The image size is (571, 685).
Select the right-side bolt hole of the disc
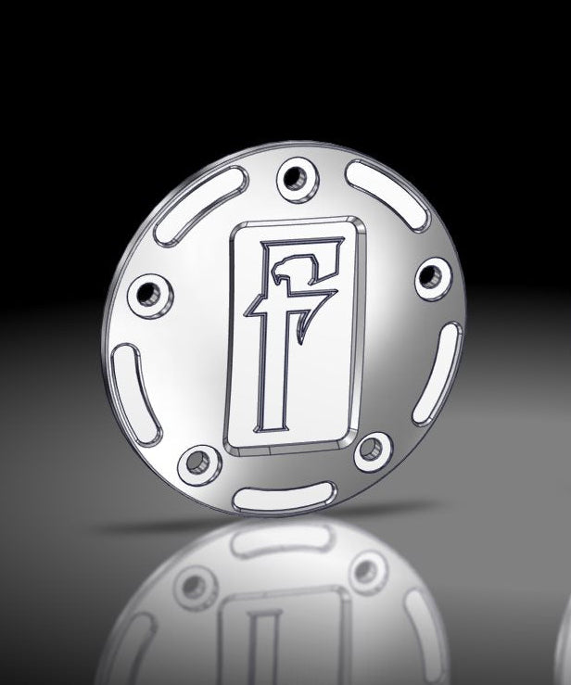431,276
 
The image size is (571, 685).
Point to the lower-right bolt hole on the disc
370,450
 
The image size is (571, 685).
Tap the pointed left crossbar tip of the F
252,313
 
